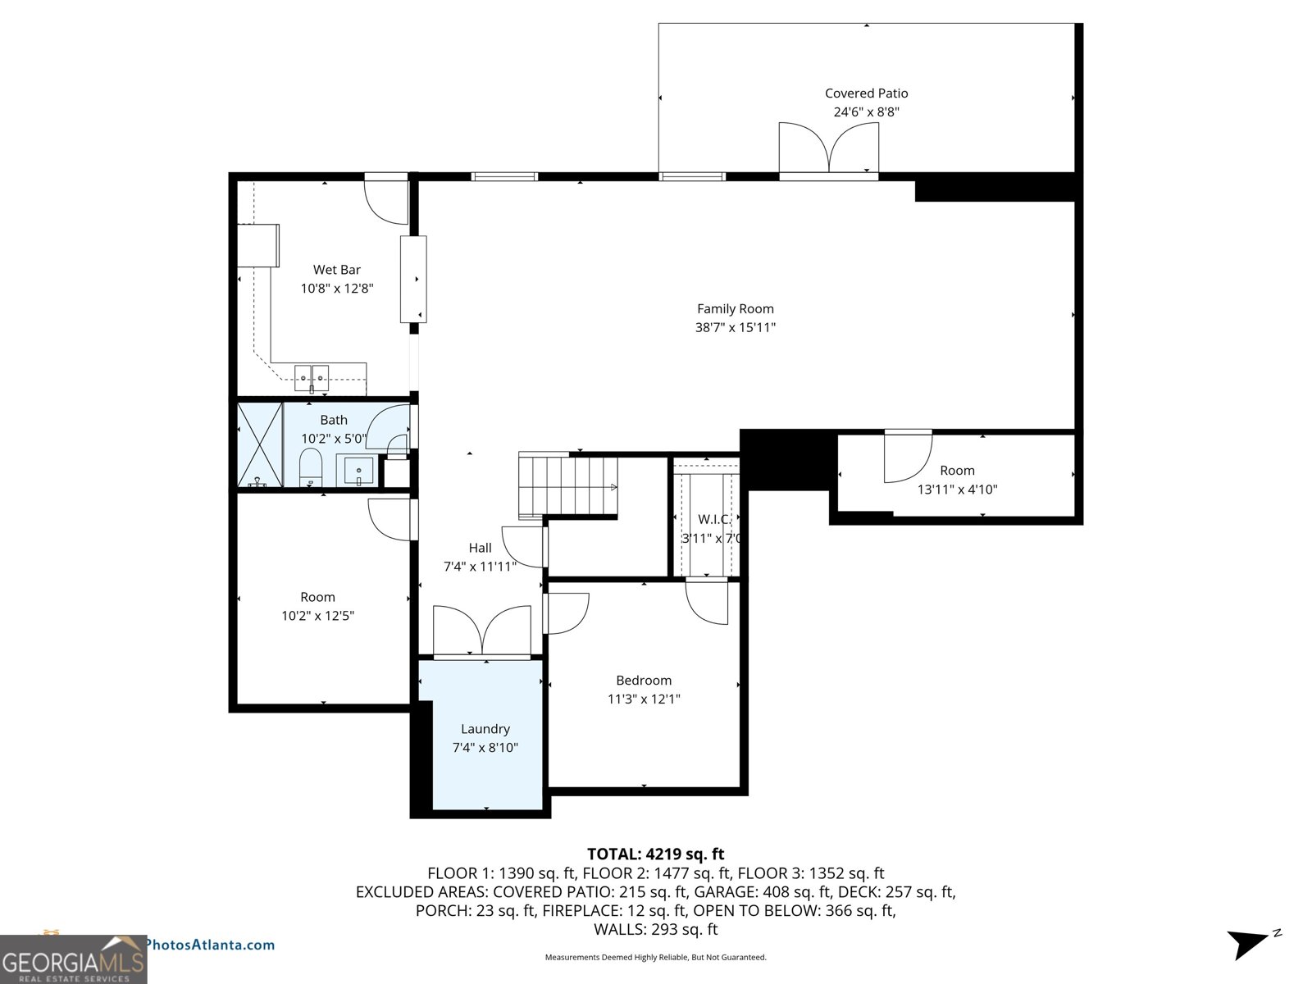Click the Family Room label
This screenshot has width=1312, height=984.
[735, 309]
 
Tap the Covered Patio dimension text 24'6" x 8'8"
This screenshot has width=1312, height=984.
[866, 112]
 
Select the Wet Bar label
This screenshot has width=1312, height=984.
[336, 270]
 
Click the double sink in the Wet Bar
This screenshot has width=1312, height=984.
[312, 378]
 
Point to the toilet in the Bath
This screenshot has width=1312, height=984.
[311, 467]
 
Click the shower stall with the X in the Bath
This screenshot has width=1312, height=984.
[259, 444]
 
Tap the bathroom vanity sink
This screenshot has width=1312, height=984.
[358, 471]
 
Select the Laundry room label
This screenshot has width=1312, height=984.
[485, 729]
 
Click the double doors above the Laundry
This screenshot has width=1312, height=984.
[482, 631]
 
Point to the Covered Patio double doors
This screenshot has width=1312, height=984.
[828, 148]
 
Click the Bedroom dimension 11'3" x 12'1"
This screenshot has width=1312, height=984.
[644, 699]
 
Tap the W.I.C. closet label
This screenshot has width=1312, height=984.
[713, 519]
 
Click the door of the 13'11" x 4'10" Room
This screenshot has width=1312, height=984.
[907, 457]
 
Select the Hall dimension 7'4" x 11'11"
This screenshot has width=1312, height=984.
[480, 567]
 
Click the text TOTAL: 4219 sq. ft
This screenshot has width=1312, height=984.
[655, 854]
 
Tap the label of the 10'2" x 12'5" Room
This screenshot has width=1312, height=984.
[317, 597]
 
